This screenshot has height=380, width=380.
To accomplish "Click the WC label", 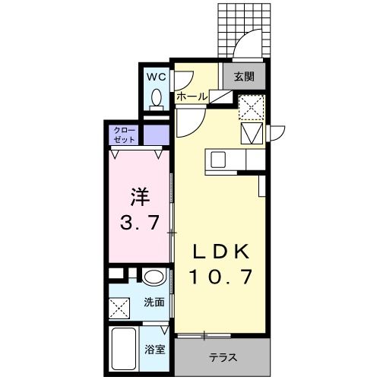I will click(x=155, y=77).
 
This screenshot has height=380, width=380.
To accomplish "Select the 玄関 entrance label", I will click(x=243, y=76).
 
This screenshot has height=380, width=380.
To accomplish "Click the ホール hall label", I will click(x=192, y=97).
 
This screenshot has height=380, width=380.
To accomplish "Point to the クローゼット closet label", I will click(x=124, y=135).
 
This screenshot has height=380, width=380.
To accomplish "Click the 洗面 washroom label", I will click(x=154, y=302).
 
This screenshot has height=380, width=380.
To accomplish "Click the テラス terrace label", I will click(x=222, y=356).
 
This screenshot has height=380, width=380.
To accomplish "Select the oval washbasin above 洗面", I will click(x=154, y=277).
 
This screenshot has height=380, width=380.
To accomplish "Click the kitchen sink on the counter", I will click(x=218, y=160).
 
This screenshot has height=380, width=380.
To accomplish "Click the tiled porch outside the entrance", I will click(x=243, y=23).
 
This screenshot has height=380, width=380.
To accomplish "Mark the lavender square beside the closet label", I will click(x=155, y=135).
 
